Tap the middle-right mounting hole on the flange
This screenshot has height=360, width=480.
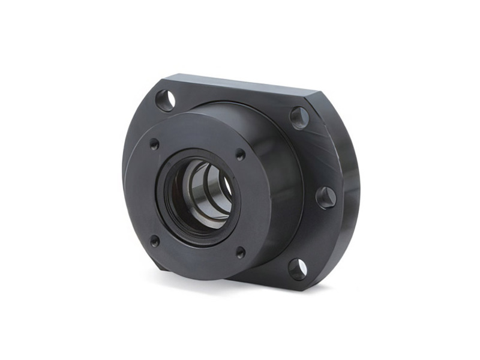(326, 197)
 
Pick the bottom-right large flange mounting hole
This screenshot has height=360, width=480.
(298, 269)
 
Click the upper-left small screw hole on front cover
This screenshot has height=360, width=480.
(154, 144)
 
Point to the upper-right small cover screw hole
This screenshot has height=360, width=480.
(240, 154)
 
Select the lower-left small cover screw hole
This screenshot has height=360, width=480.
(154, 241)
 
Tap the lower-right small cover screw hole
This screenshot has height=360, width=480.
(240, 253)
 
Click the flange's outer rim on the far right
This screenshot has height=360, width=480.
(352, 192)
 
